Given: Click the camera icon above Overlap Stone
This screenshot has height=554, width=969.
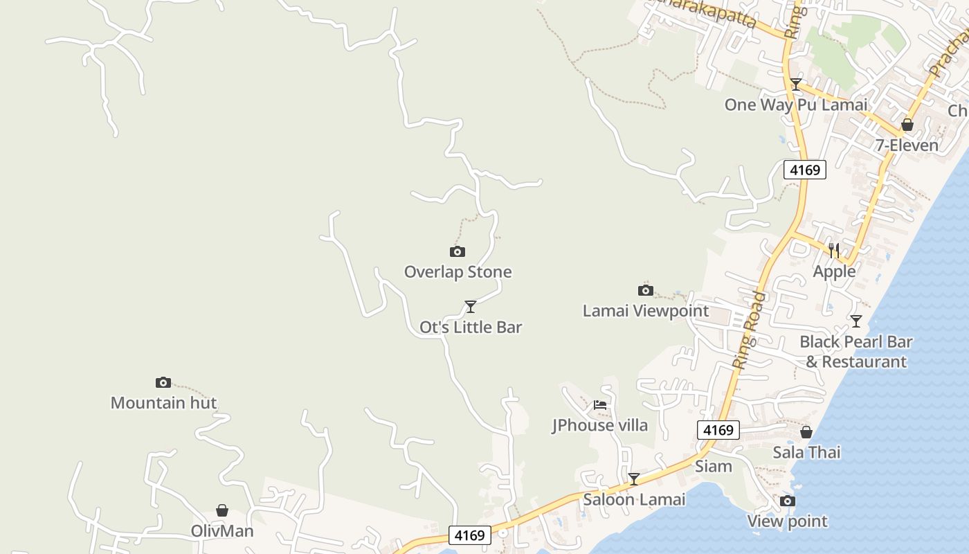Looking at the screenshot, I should (x=458, y=252).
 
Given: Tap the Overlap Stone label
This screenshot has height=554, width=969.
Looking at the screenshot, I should (x=458, y=272).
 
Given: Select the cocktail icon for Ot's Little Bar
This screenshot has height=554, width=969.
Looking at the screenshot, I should (x=471, y=306).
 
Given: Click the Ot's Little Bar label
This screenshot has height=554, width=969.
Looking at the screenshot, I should (x=471, y=328).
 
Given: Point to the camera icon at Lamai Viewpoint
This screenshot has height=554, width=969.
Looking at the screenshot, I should (x=646, y=290).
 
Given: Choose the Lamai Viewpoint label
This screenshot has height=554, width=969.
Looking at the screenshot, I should (x=646, y=311).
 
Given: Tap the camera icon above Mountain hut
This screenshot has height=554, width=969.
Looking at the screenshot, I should (x=163, y=382).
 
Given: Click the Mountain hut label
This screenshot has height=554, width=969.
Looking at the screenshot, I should (x=163, y=403).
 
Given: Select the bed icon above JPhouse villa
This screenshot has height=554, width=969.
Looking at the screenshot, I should (x=600, y=405).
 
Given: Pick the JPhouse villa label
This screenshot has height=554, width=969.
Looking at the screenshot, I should (x=600, y=425).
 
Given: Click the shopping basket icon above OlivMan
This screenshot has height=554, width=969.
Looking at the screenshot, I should (x=222, y=510).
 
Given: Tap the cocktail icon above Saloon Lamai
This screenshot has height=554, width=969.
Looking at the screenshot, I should (x=634, y=479).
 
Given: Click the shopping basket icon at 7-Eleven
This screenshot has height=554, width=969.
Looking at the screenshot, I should (x=907, y=125).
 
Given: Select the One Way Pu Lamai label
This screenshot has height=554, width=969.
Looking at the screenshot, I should (x=795, y=105).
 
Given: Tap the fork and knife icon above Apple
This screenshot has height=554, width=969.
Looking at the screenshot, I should (x=834, y=251).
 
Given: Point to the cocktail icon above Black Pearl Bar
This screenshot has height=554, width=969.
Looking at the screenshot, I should (x=856, y=321).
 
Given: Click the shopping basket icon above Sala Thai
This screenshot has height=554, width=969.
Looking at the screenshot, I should (x=806, y=432).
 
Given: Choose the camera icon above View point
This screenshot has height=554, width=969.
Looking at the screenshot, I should (x=787, y=501).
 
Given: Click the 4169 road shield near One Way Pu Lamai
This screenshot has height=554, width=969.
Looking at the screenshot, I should (x=805, y=170).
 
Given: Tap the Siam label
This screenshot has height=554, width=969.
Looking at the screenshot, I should (x=714, y=466).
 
